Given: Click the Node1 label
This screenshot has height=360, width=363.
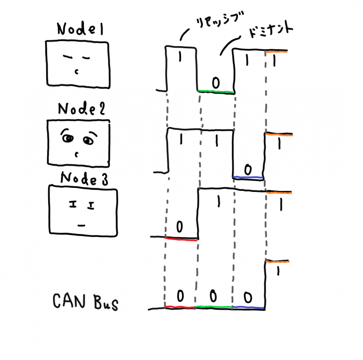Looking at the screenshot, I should click(x=80, y=31).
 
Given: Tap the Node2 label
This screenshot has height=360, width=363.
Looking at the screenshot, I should click(x=81, y=109).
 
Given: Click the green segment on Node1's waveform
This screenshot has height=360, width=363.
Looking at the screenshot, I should click(x=216, y=92).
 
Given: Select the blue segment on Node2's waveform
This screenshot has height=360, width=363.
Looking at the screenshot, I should click(x=248, y=178).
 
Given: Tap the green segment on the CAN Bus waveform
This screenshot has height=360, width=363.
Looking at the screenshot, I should click(x=214, y=307).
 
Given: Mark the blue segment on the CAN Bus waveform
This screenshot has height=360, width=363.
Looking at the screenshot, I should click(x=248, y=308).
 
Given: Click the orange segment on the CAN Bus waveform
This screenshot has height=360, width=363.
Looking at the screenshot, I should click(x=278, y=262).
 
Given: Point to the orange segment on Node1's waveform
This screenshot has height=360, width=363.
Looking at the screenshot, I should click(x=276, y=50).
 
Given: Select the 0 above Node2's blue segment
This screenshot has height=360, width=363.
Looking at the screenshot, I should click(x=248, y=169).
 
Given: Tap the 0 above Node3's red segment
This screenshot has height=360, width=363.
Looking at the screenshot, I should click(x=179, y=226).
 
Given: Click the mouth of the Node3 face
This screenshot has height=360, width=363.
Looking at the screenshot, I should click(x=80, y=225).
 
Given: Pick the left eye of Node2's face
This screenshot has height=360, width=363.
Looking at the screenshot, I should click(x=67, y=139).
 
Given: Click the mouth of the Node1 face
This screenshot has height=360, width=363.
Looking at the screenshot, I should click(x=77, y=71).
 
